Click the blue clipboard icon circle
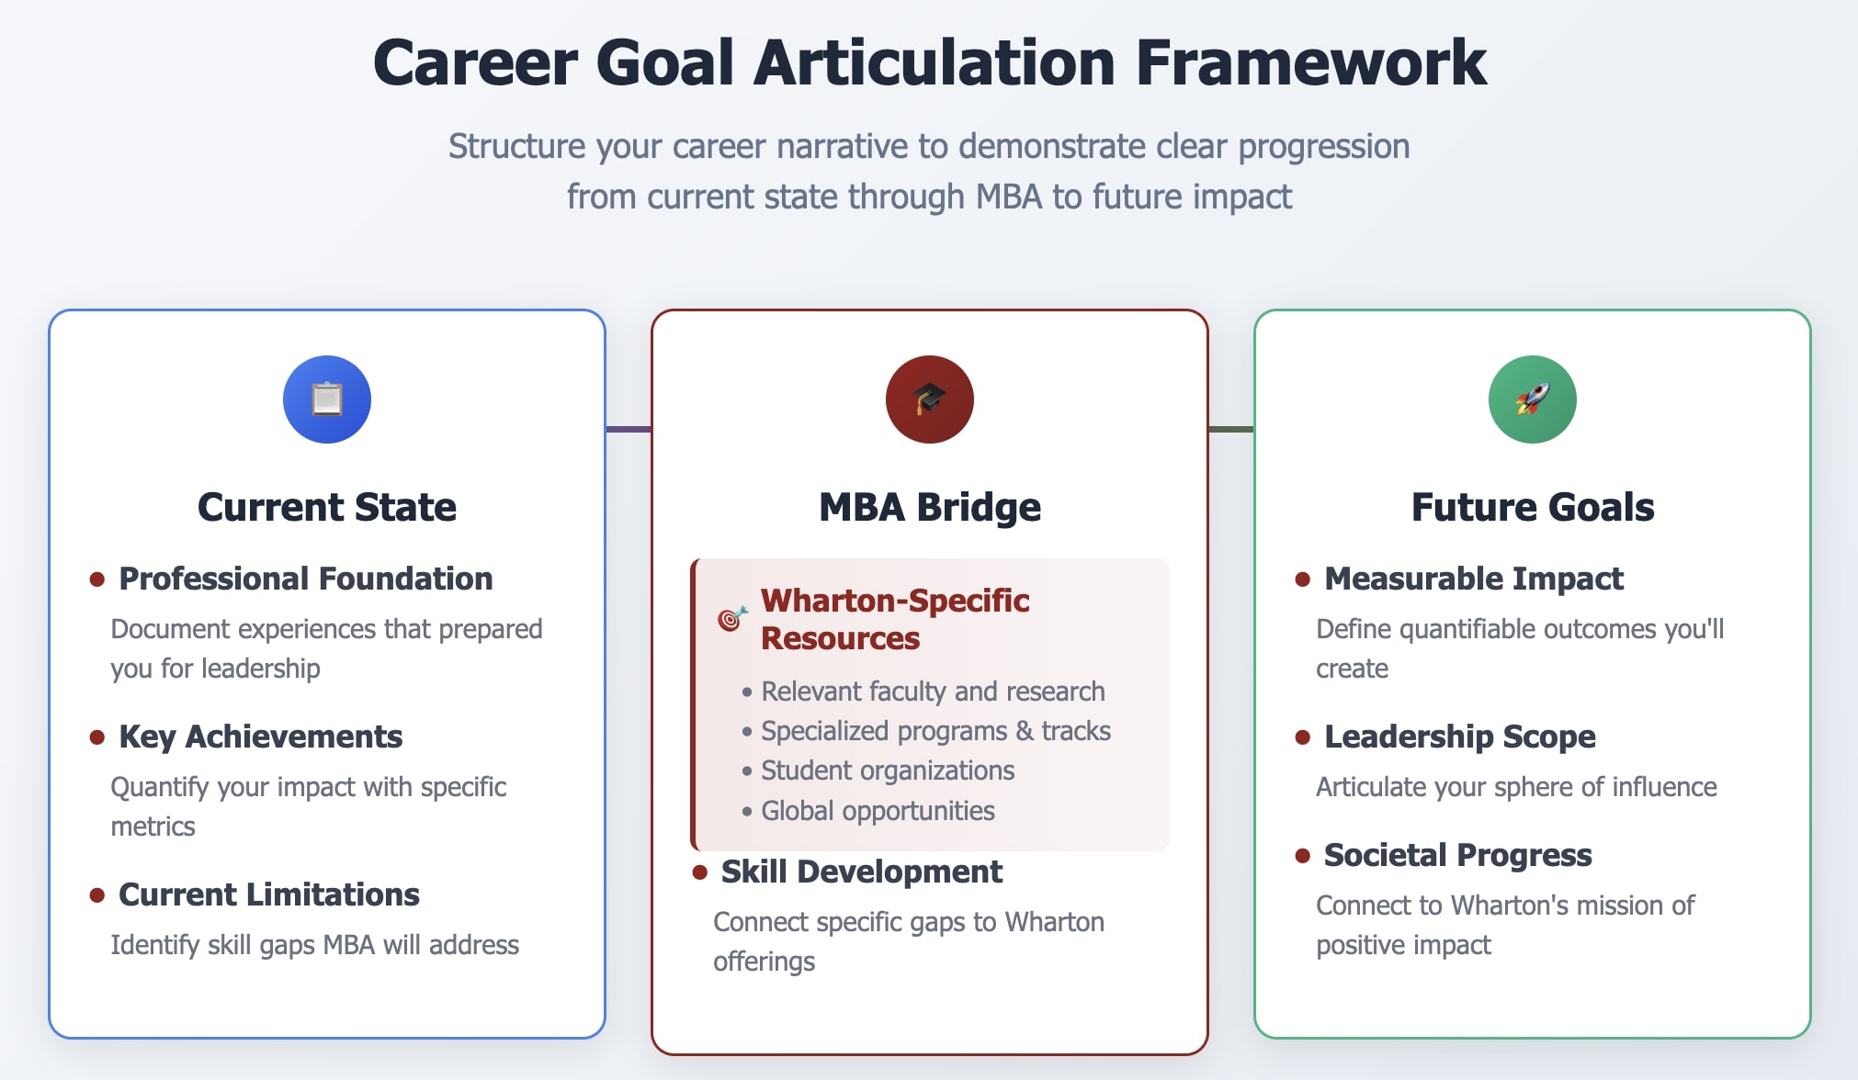tap(326, 399)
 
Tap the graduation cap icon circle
tap(929, 399)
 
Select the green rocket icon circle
tap(1532, 399)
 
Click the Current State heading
tap(326, 507)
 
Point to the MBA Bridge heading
tap(929, 507)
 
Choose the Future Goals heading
tap(1532, 507)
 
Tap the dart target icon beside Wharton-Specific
tap(731, 619)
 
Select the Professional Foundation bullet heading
tap(305, 579)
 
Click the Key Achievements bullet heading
tap(260, 737)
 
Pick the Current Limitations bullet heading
tap(268, 894)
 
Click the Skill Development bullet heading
tap(861, 872)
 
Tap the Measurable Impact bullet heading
tap(1473, 579)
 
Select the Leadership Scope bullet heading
tap(1459, 737)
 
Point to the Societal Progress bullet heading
tap(1457, 855)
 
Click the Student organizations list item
tap(887, 771)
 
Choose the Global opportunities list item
tap(877, 811)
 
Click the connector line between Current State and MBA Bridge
tap(629, 429)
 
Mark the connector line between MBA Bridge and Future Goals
tap(1231, 429)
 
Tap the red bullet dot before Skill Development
tap(699, 872)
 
